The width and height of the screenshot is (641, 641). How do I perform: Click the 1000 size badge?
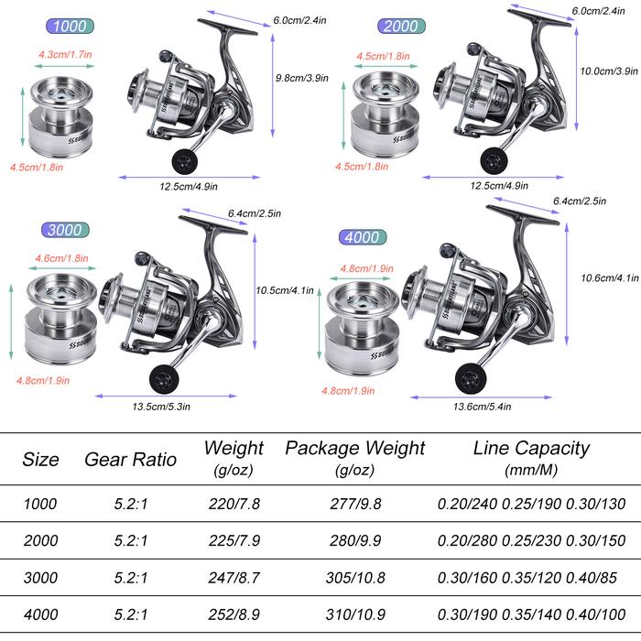point(70,27)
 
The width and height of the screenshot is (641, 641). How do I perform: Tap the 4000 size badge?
point(363,237)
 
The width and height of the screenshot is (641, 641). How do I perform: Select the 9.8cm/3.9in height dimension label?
point(301,78)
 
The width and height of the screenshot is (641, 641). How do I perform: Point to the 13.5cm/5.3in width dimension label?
point(161,407)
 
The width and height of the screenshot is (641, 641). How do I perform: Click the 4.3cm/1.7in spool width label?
point(65,54)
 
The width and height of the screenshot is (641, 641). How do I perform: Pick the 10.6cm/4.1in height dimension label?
point(610,278)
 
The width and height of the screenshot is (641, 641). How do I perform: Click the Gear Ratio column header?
point(130,460)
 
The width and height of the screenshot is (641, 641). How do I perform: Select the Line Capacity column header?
point(531,458)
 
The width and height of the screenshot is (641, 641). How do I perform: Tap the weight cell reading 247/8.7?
point(234,578)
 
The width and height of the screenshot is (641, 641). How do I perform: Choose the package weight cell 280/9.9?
point(355,540)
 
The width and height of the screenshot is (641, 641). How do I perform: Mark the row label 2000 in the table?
point(40,540)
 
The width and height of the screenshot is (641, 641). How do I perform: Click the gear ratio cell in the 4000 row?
point(130,614)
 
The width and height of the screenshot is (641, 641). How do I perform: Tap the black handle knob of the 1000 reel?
point(184,160)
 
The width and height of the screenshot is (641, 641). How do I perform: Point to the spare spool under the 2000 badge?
point(386,114)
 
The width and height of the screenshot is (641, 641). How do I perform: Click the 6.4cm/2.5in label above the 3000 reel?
point(255,213)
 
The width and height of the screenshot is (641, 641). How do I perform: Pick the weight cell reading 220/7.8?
point(234,504)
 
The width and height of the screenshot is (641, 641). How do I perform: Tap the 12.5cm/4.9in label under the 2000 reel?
point(499,186)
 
